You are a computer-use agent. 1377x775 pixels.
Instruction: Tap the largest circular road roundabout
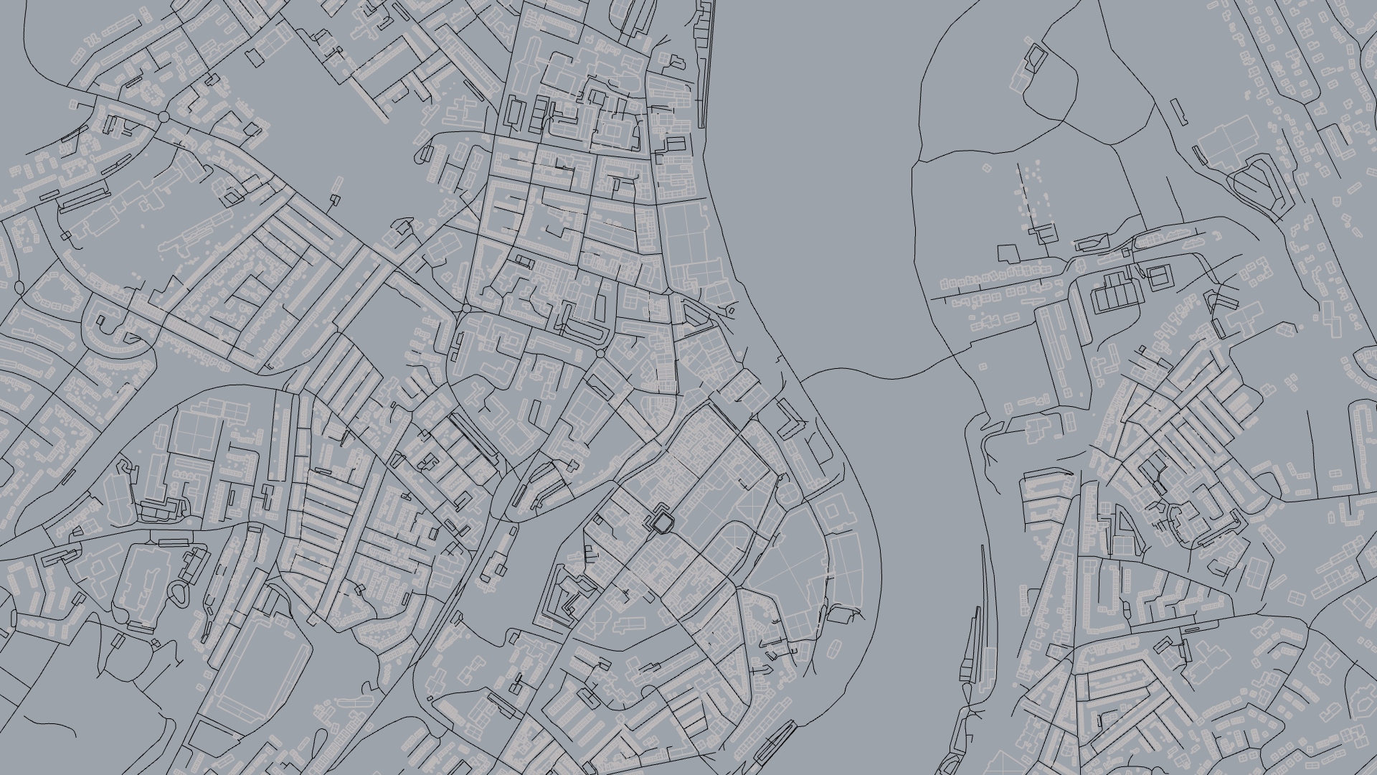(x=164, y=116)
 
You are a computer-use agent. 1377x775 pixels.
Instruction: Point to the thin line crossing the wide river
(x=882, y=375)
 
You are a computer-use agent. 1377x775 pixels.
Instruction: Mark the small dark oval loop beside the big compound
(x=178, y=593)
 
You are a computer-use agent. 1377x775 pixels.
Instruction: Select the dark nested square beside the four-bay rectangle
(x=1158, y=277)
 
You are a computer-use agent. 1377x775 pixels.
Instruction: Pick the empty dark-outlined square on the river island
(x=1008, y=253)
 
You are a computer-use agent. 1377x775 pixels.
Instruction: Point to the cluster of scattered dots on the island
(x=1033, y=190)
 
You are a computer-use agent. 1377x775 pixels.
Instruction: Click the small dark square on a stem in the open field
(x=336, y=199)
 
